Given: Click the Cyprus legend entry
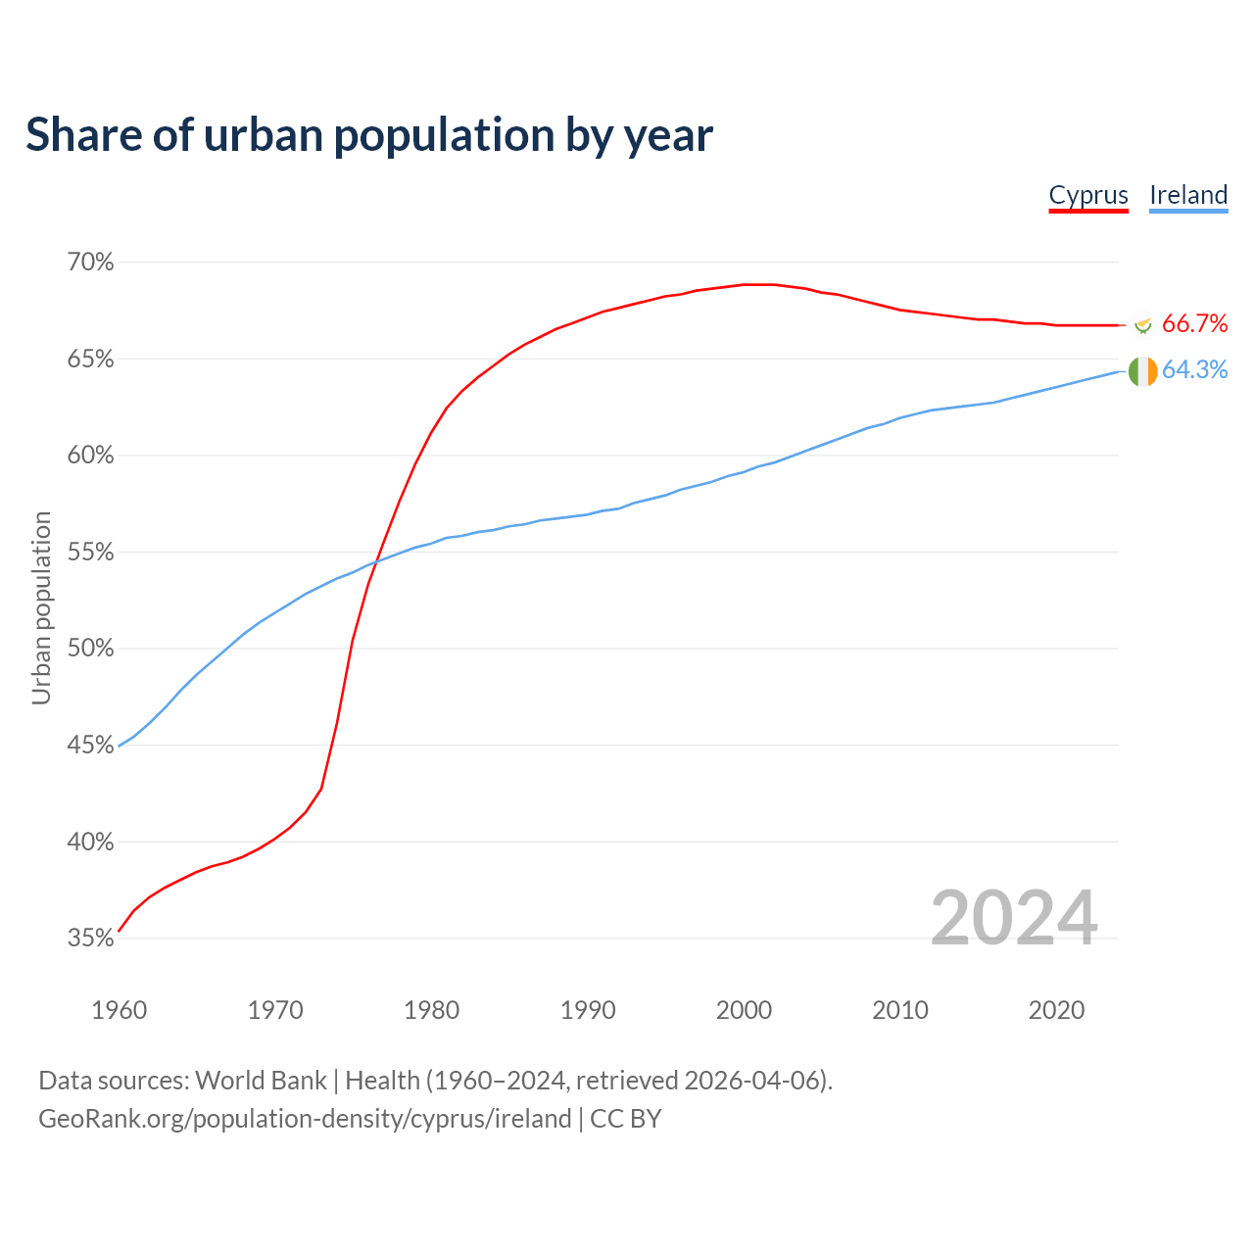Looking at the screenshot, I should (1088, 195).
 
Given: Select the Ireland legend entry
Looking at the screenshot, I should (1188, 195).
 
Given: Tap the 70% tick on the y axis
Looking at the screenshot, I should (90, 263).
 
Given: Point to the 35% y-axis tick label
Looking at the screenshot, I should (90, 939).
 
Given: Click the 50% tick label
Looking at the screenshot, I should (90, 649).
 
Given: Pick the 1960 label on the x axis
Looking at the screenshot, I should (119, 1010).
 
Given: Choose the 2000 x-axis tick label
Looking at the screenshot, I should (745, 1010).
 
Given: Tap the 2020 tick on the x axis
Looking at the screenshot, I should (1056, 1010).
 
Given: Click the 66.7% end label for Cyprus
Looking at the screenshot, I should (1194, 324).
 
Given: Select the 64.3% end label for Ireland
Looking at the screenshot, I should (1194, 370).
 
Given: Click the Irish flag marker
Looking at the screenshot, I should (1142, 371).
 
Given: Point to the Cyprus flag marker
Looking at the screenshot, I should (1142, 322).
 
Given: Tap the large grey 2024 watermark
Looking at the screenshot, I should (1013, 918).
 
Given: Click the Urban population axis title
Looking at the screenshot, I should (41, 607).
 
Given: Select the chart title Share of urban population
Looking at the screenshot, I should (369, 135).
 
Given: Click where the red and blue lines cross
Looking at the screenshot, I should (373, 561).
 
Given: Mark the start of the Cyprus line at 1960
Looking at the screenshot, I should (120, 930).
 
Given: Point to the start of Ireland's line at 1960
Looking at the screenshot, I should (120, 746).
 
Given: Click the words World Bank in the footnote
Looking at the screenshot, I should (261, 1081).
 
